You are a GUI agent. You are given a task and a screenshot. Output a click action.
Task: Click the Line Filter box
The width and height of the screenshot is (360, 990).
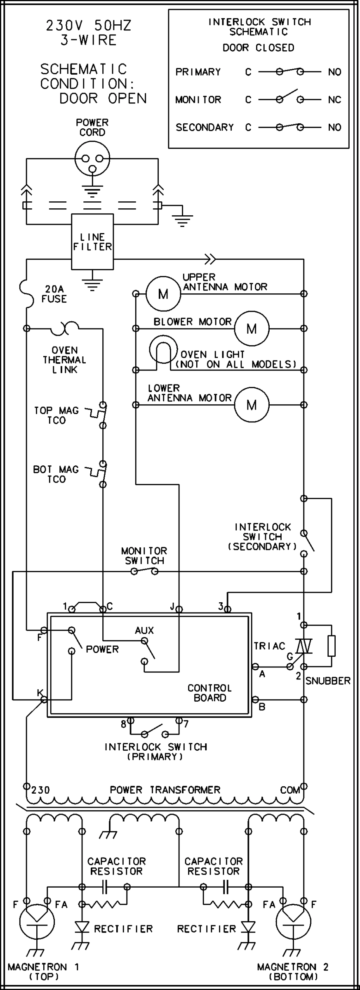(x=92, y=242)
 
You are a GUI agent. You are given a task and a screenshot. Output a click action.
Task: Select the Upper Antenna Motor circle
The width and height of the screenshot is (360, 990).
(x=163, y=294)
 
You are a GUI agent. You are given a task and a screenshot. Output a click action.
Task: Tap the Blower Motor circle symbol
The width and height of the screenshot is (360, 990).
(x=252, y=328)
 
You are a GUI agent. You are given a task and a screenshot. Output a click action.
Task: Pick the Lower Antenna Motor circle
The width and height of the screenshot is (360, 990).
(x=252, y=405)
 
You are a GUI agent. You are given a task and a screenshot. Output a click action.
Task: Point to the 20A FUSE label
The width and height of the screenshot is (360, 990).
(x=54, y=294)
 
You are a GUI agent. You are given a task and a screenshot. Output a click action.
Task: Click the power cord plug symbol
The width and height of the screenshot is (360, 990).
(x=92, y=159)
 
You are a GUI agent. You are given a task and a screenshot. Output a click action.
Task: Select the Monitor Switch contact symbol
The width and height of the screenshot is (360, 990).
(x=144, y=571)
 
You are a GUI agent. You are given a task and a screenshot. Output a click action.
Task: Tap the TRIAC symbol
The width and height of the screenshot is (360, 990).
(x=304, y=646)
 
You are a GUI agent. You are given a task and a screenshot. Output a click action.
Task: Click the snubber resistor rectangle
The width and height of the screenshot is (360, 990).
(x=331, y=646)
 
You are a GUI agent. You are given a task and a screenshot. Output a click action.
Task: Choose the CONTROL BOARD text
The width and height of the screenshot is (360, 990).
(x=209, y=693)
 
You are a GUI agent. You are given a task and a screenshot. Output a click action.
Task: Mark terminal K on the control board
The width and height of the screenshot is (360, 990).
(x=43, y=699)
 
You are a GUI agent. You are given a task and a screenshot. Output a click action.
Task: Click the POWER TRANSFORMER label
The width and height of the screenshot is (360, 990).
(x=165, y=790)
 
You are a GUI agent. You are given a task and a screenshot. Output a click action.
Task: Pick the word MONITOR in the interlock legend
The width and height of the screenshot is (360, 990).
(x=198, y=100)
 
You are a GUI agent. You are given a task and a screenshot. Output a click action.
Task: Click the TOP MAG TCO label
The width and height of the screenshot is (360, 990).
(x=56, y=415)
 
